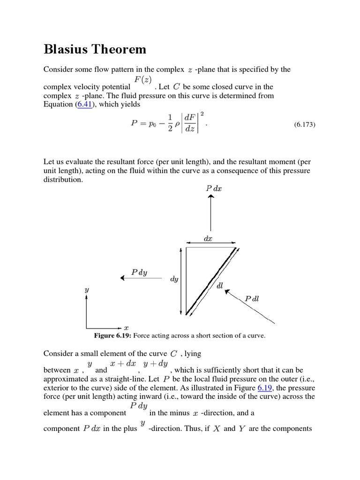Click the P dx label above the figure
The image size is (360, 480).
pos(214,188)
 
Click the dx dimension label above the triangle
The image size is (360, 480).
pos(208,239)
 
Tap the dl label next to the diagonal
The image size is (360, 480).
pos(219,285)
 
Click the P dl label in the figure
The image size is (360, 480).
pos(252,298)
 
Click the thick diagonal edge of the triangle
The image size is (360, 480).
pos(211,280)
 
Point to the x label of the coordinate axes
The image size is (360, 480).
pos(126,328)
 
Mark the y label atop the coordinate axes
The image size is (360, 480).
pos(87,290)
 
